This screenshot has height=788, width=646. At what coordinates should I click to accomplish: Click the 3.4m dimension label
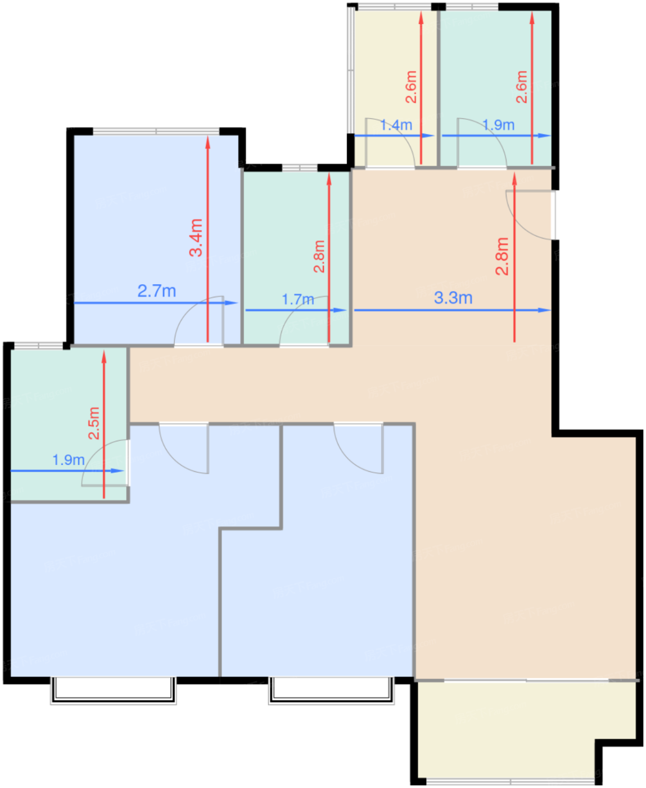coord(196,238)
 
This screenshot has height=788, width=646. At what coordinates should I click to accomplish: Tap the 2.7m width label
coord(157,291)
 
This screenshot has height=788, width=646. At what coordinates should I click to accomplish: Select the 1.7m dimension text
coord(298,299)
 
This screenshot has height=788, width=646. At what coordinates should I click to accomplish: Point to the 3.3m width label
coord(453,298)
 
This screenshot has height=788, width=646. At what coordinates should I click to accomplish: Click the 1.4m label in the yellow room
coord(396,125)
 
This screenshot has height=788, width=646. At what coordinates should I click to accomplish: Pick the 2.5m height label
coord(94,423)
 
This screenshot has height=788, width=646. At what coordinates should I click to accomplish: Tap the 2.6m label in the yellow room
coord(411,87)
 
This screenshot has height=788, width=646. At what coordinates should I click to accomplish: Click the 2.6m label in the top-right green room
coord(521,87)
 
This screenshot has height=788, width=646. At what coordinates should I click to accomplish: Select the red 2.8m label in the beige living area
coord(502,256)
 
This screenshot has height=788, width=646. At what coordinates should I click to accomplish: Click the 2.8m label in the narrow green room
coord(319,256)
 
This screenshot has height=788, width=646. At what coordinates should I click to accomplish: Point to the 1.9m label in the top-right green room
coord(499,125)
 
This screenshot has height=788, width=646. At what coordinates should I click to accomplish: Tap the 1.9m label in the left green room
coord(69,460)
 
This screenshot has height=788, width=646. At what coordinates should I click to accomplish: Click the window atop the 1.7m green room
coord(300,167)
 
